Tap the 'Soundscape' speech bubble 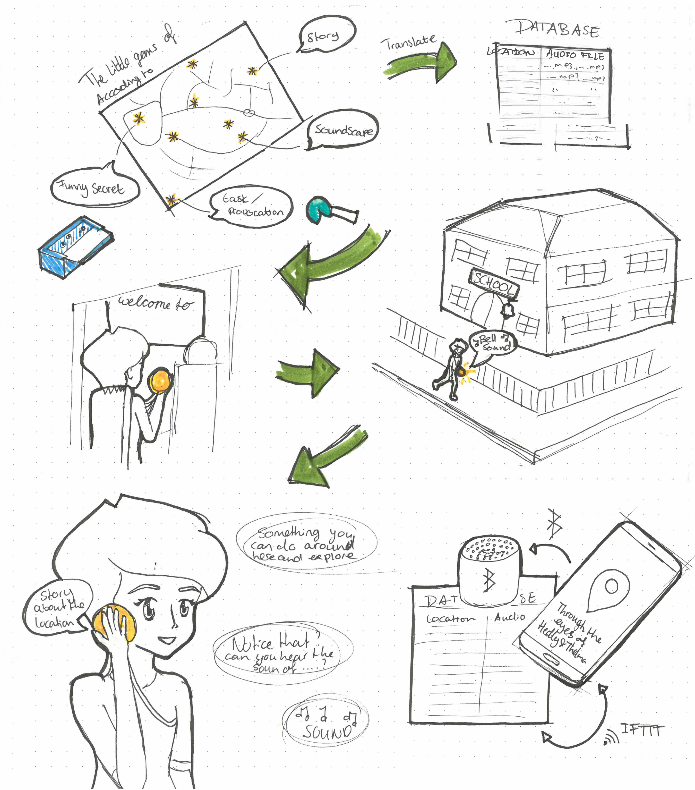click(x=343, y=130)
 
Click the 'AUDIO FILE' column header click(x=574, y=55)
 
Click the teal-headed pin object click(x=319, y=210)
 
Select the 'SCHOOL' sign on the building click(x=494, y=284)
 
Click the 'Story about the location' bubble click(x=58, y=607)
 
